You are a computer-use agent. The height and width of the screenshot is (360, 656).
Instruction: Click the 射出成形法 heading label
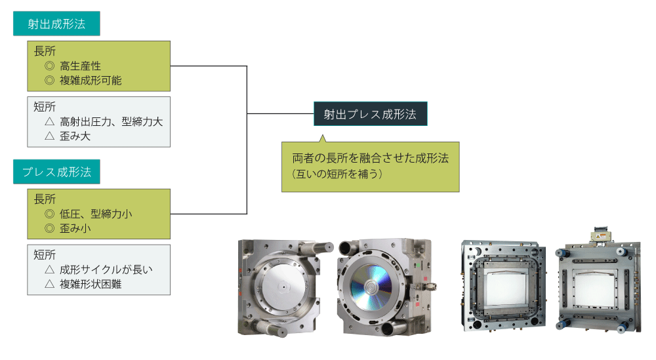click(x=56, y=25)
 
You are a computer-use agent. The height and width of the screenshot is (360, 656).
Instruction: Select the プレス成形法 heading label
click(x=56, y=172)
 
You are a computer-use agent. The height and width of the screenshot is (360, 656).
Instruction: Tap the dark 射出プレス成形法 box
click(x=370, y=113)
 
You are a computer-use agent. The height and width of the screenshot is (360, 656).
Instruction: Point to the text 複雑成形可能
click(x=91, y=81)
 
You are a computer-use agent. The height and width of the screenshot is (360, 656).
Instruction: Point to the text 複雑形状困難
click(x=91, y=284)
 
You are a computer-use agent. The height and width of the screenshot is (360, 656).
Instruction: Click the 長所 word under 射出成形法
click(x=45, y=51)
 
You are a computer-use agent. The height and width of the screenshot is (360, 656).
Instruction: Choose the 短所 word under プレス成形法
click(x=45, y=254)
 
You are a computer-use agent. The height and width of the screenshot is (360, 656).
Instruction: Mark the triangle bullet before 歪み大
click(x=49, y=136)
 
